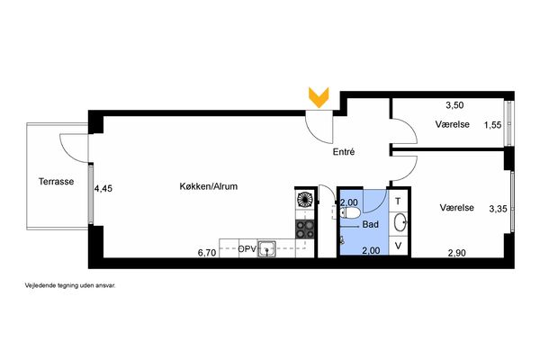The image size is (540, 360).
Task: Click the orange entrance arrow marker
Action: coord(319,97)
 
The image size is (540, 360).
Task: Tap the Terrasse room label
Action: coord(56,182)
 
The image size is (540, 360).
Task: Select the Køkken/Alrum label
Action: coord(209,186)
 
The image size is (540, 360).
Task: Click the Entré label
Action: coord(344,152)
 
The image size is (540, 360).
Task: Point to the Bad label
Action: coord(371,225)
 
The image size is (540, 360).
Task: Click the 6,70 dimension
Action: coord(207,253)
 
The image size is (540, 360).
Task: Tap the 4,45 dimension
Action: coord(103,189)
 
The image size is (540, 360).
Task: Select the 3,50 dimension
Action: coord(454,105)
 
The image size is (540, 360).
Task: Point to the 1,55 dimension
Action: coord(492,125)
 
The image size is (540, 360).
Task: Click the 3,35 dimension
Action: coord(498,209)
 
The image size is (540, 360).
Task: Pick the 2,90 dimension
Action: coord(456,253)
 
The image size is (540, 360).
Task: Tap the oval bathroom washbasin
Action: coord(400,222)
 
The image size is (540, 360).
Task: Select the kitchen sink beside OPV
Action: coord(267,248)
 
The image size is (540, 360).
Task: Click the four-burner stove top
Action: coord(305,229)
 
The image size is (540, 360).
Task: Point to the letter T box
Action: coord(399,202)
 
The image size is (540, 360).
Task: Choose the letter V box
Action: coord(399,246)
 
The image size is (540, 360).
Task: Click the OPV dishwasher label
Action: coord(247,249)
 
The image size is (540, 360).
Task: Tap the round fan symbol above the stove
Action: coord(304,200)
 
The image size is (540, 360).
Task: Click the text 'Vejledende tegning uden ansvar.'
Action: coord(70,285)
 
